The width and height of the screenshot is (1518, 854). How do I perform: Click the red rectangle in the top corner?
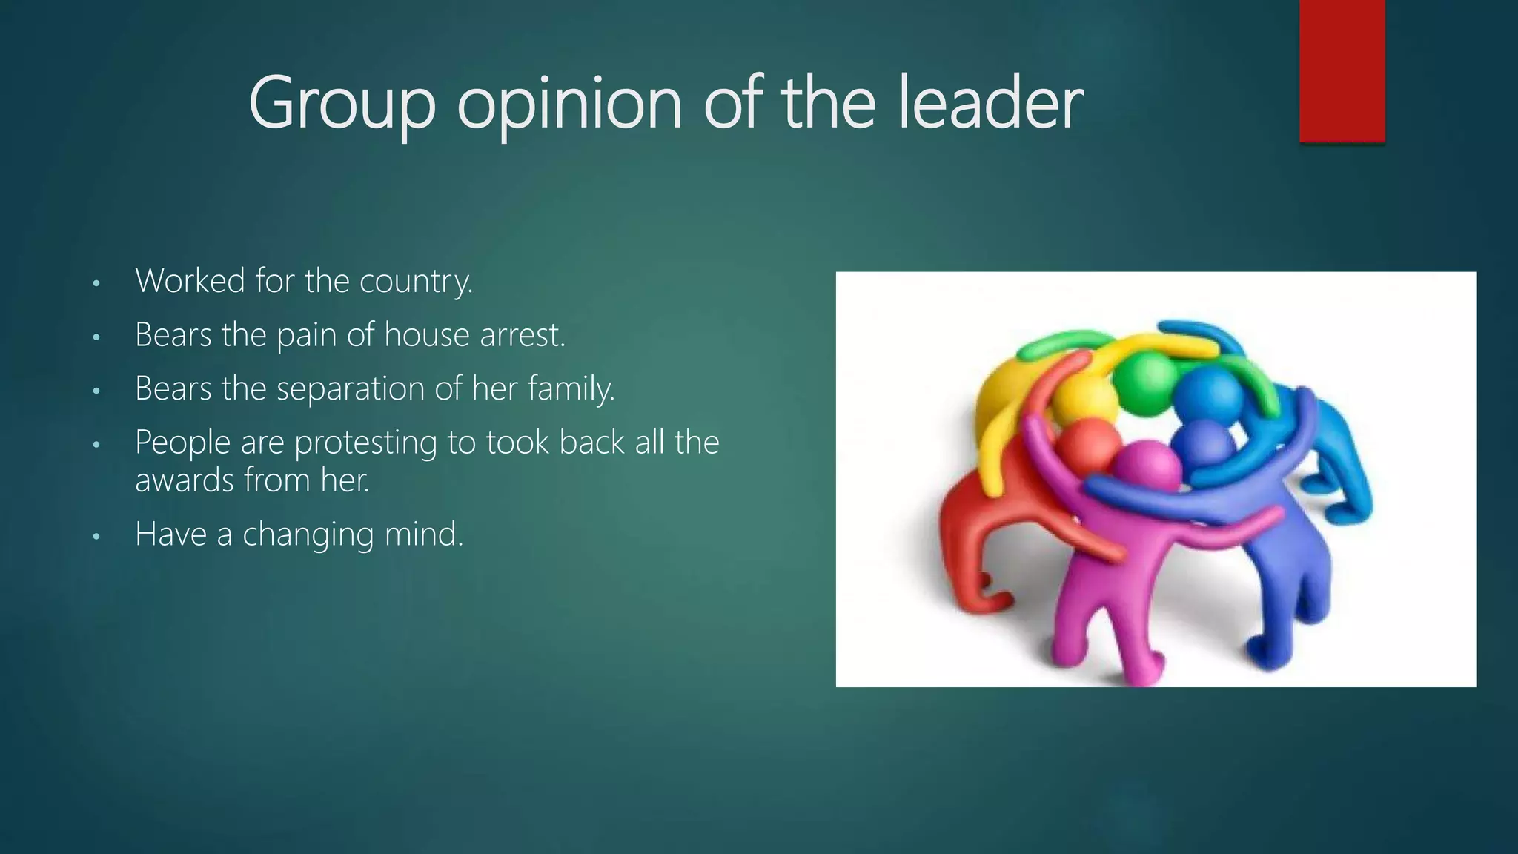point(1342,70)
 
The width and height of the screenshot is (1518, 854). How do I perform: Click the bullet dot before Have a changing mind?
point(96,536)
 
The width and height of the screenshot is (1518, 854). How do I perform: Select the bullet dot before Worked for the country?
point(96,283)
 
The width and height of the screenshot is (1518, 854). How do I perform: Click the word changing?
point(308,534)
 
